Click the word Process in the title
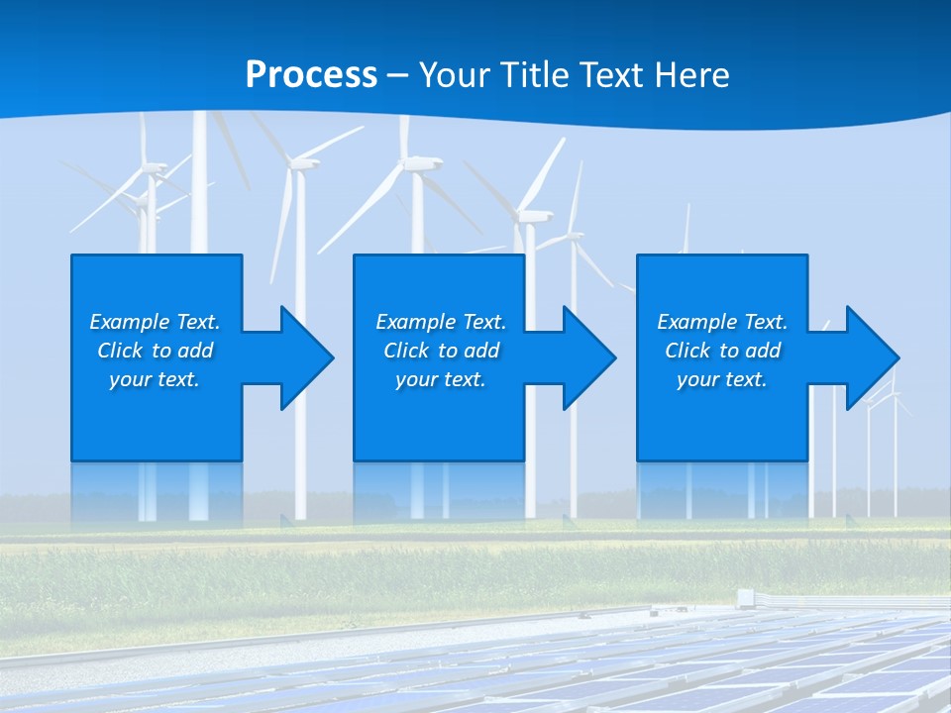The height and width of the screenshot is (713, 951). click(x=311, y=74)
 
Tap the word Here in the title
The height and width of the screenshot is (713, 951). click(x=691, y=74)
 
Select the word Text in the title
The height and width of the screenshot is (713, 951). click(x=611, y=74)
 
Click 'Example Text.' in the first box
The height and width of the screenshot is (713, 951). click(x=155, y=322)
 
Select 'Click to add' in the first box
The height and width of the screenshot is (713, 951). click(x=155, y=351)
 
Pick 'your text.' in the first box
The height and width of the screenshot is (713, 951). click(x=155, y=379)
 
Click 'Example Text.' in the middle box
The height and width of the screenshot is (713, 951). click(x=441, y=322)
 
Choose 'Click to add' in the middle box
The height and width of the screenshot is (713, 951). click(x=441, y=351)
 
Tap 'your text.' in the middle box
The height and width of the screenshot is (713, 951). click(x=441, y=379)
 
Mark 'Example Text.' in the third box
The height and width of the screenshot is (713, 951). click(x=722, y=322)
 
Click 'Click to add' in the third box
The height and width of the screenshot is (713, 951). click(x=722, y=351)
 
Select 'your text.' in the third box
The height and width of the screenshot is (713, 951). click(x=722, y=379)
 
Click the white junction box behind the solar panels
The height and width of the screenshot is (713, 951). click(x=746, y=596)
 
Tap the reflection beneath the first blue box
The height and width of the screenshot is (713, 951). click(x=157, y=491)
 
